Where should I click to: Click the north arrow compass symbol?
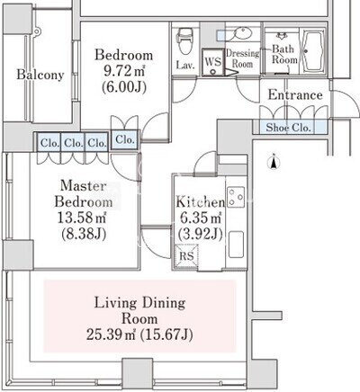point(274,162)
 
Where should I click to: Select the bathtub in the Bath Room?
point(313,51)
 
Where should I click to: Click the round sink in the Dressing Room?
point(243,33)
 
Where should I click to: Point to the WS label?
point(213,62)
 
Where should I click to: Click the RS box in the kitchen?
point(186,255)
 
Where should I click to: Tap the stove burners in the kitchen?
point(236,197)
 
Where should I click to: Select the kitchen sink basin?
point(236,245)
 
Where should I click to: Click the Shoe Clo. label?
point(288,128)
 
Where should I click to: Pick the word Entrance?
point(295,95)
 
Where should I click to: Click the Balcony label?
point(40,75)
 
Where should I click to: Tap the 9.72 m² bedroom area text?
point(124,71)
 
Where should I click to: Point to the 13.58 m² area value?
point(82,218)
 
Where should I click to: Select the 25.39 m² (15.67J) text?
point(139,334)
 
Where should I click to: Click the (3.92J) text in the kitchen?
point(201,234)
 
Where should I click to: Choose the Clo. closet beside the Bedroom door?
point(125,139)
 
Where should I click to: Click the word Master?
point(83,186)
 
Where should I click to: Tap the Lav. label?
point(185,65)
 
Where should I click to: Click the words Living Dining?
point(139,303)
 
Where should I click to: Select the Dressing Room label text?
point(242,58)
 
